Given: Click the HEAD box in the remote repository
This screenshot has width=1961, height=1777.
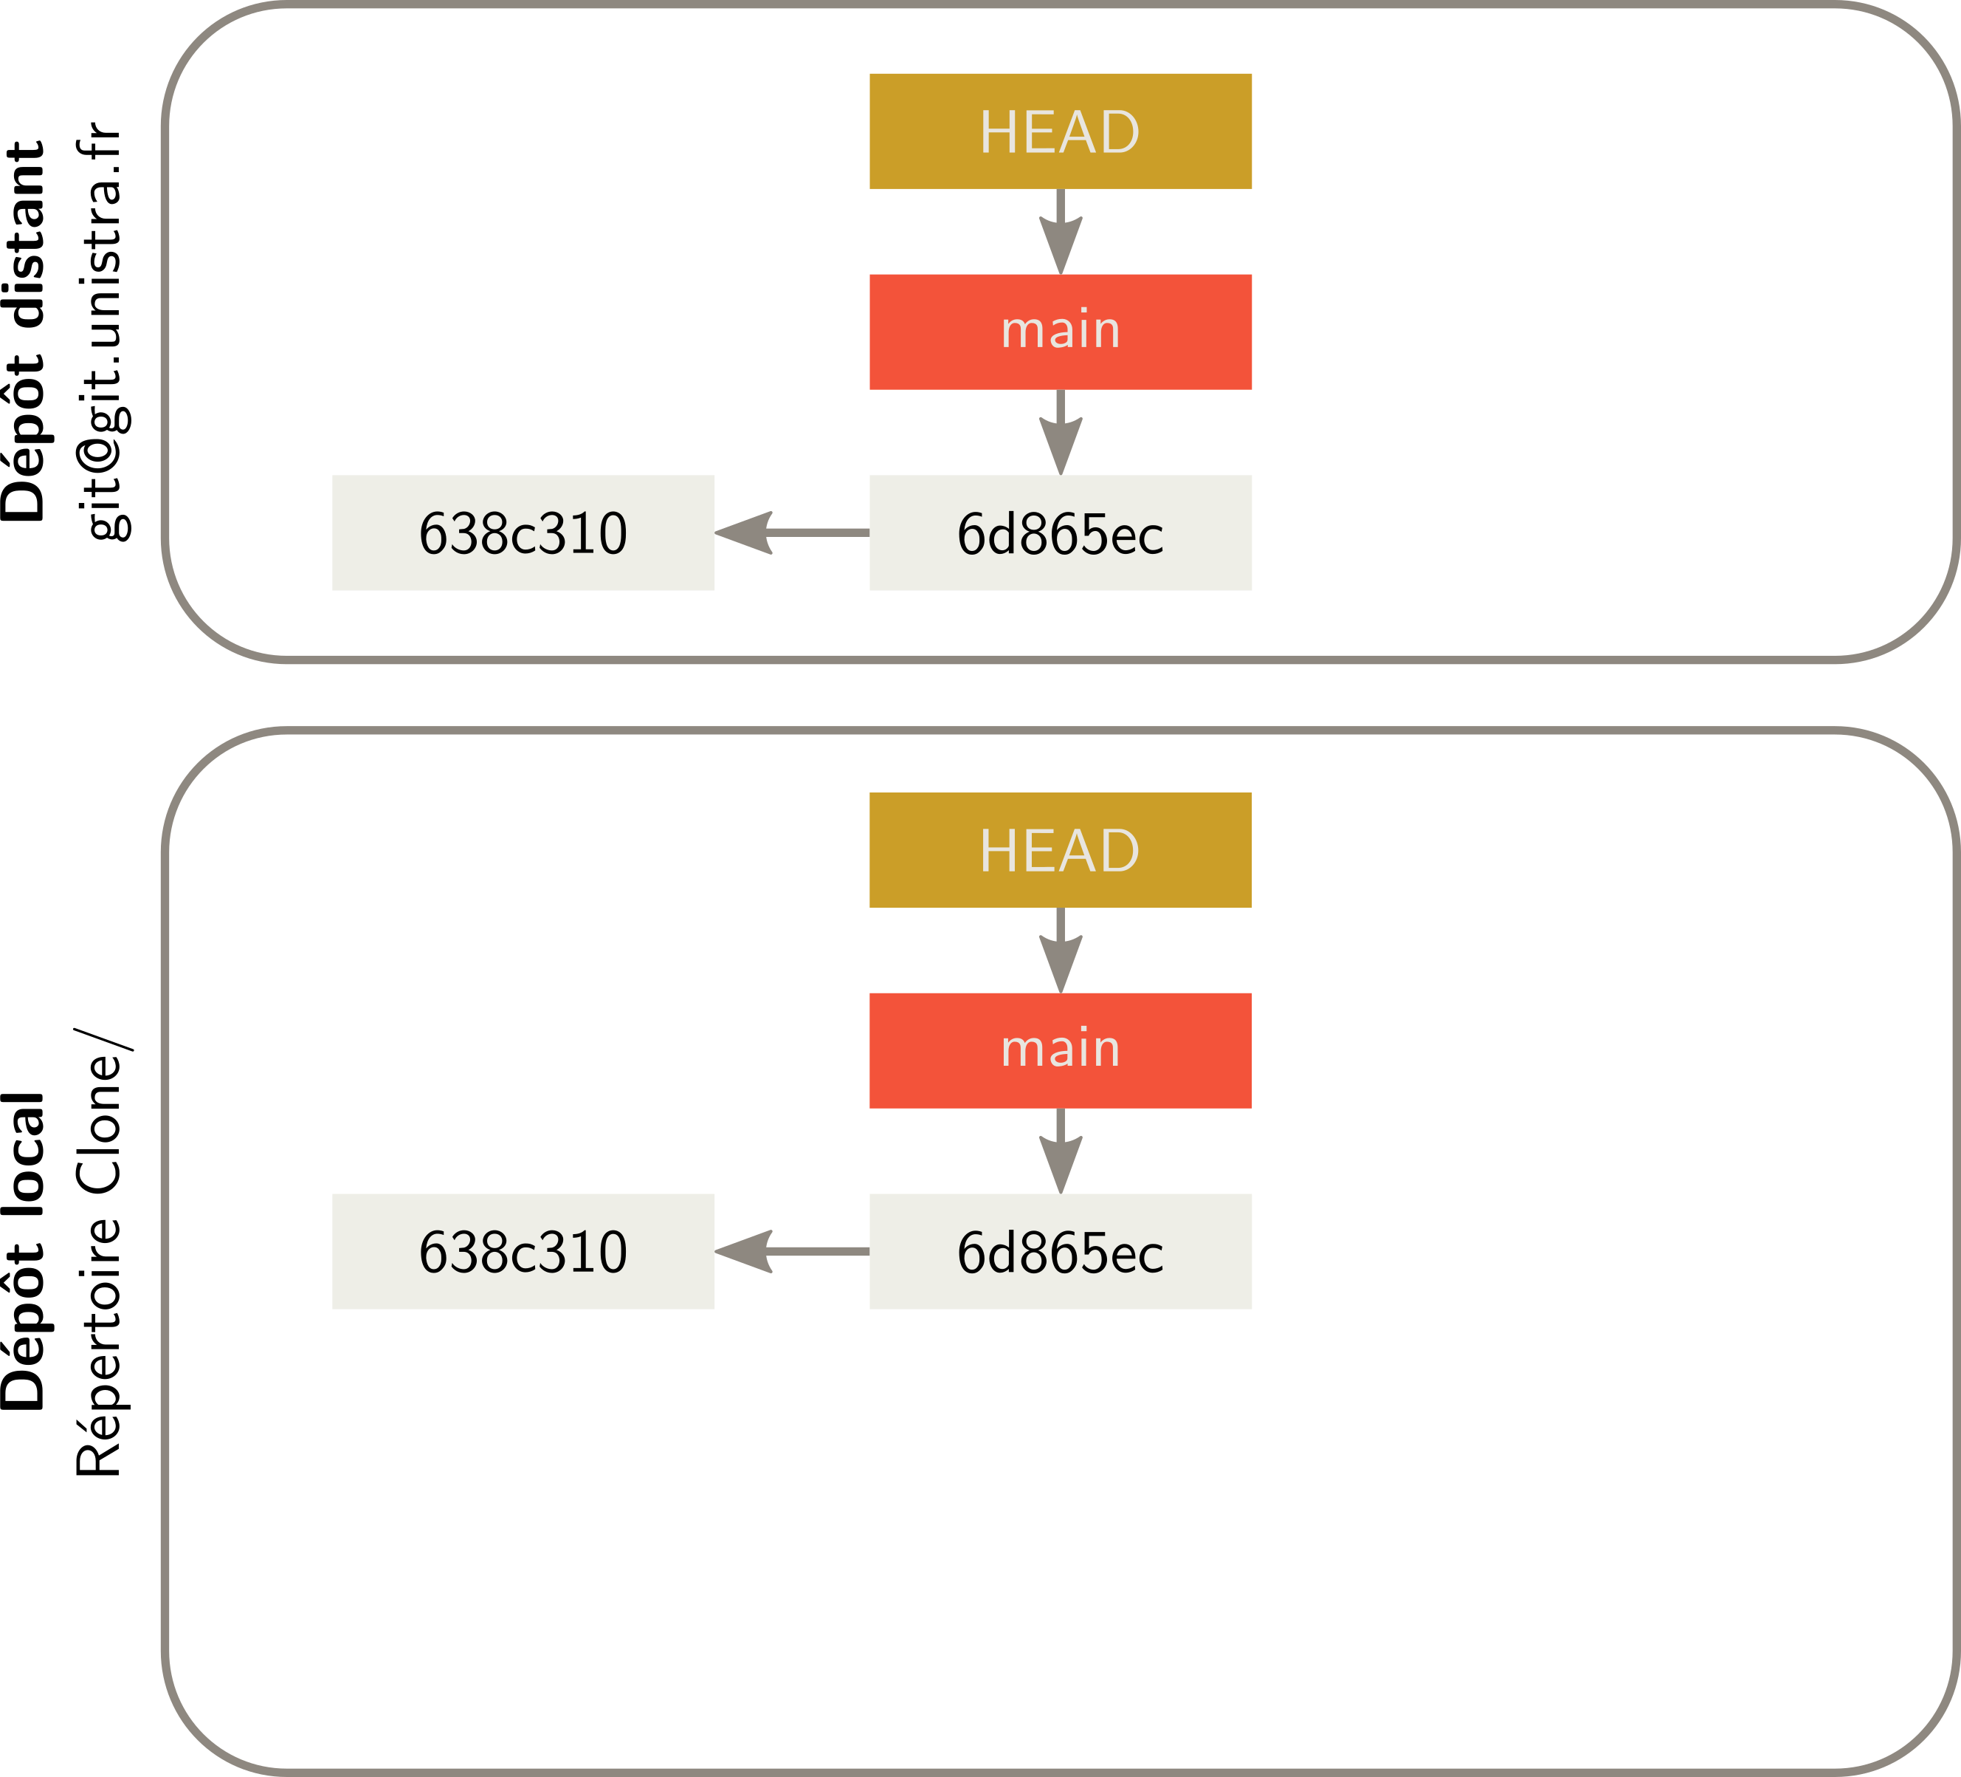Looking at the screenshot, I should (1061, 131).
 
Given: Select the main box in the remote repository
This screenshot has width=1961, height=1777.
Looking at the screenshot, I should (1061, 332).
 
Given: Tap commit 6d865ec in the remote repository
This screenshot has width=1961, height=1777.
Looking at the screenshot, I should (1061, 533).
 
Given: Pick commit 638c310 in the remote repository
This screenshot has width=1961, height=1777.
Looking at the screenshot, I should (523, 533).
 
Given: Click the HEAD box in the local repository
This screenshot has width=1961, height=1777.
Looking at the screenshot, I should (1061, 849).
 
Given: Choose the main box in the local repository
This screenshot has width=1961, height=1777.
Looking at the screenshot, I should (1061, 1050).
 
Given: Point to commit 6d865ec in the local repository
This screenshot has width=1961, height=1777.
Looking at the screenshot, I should (1061, 1251).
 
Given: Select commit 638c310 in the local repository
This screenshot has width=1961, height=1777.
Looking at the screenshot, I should (523, 1251).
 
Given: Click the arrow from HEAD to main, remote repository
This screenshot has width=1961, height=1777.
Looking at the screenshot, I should (1061, 232).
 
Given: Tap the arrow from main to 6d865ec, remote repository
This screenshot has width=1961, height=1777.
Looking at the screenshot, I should (1061, 433).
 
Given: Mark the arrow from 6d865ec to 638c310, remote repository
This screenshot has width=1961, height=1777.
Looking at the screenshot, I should (792, 533).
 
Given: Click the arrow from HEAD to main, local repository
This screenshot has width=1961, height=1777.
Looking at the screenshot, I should (1061, 951).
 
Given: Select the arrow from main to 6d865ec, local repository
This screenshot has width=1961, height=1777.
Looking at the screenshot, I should (1061, 1151).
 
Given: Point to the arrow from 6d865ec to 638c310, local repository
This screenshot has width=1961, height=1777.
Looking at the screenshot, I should (792, 1251).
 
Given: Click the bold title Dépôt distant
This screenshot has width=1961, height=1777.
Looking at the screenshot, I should (25, 331).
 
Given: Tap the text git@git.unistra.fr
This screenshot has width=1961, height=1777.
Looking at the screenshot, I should (101, 331).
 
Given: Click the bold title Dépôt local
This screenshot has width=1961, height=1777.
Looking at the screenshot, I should (25, 1251).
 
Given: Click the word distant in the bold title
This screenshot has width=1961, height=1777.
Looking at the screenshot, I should (25, 233).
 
